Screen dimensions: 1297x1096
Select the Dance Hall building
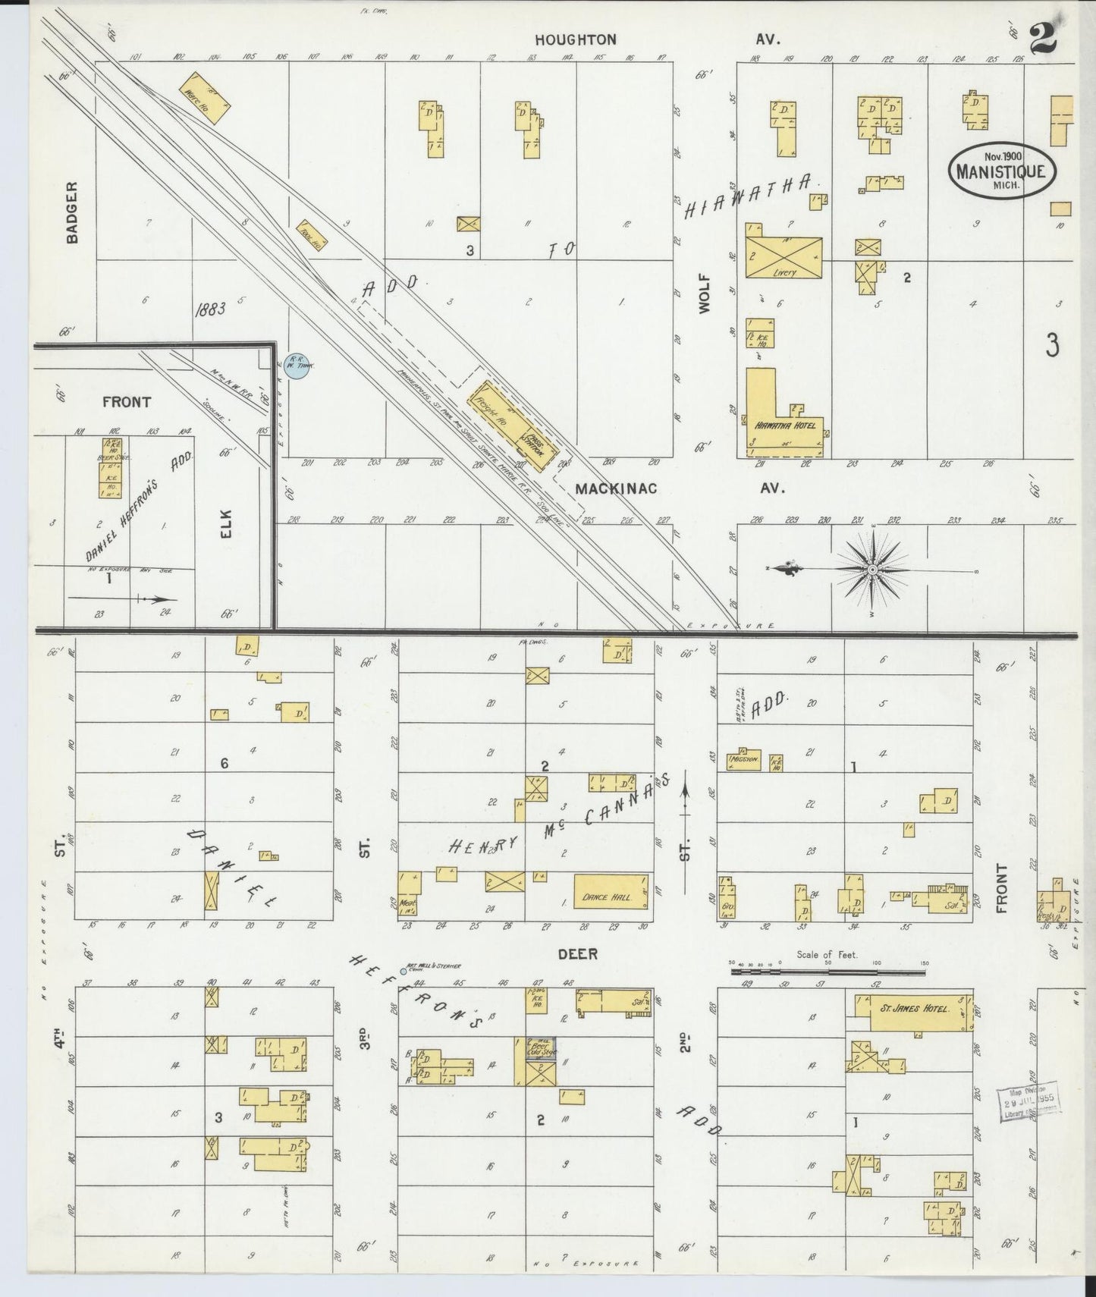tap(611, 891)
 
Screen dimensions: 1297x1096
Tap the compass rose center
tap(873, 569)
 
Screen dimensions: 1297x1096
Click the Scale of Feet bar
tap(827, 969)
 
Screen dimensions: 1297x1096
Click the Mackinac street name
tap(615, 488)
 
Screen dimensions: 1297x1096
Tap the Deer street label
tap(578, 953)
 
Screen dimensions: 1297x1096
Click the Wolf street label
tap(706, 294)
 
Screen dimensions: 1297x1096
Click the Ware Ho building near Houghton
tap(203, 99)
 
